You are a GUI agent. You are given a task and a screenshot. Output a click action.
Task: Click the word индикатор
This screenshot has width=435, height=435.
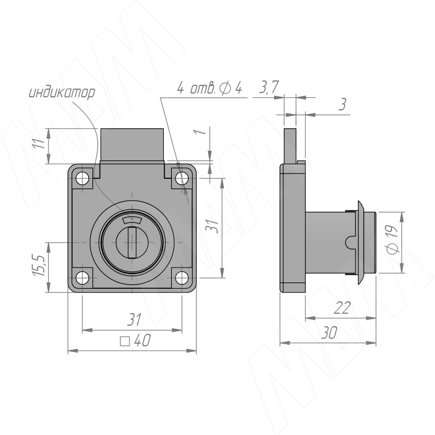tap(62, 93)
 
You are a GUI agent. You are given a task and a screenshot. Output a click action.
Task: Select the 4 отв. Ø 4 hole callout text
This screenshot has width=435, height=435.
tap(209, 88)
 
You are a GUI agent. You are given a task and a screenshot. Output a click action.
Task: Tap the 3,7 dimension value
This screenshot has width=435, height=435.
tap(269, 87)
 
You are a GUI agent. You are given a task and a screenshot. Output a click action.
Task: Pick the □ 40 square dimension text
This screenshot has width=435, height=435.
tap(135, 340)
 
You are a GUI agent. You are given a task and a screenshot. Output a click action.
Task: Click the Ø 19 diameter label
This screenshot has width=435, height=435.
tap(393, 239)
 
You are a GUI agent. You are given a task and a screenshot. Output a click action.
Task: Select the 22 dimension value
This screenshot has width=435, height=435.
tap(342, 308)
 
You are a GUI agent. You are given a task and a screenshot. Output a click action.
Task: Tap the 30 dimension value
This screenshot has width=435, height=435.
tap(330, 333)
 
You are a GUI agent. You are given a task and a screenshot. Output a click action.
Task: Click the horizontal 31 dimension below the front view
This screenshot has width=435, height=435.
tap(134, 320)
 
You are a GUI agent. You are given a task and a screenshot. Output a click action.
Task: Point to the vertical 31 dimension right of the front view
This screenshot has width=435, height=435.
tap(212, 225)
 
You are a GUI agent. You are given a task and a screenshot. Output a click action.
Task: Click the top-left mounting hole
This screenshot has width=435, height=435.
tap(82, 178)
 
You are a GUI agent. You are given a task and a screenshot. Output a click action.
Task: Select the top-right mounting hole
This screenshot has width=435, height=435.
tap(182, 178)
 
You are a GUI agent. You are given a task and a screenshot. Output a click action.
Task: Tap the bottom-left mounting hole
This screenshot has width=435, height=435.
tap(82, 278)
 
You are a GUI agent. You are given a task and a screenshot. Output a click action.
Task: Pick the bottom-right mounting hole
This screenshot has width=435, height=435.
tap(182, 278)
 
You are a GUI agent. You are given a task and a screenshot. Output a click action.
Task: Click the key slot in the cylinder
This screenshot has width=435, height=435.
tap(132, 243)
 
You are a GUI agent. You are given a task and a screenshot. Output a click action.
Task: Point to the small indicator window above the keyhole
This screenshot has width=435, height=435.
tap(132, 220)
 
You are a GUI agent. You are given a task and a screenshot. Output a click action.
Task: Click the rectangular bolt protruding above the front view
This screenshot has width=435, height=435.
tap(132, 145)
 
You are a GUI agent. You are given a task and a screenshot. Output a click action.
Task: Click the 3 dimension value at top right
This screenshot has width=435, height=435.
tap(343, 104)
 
